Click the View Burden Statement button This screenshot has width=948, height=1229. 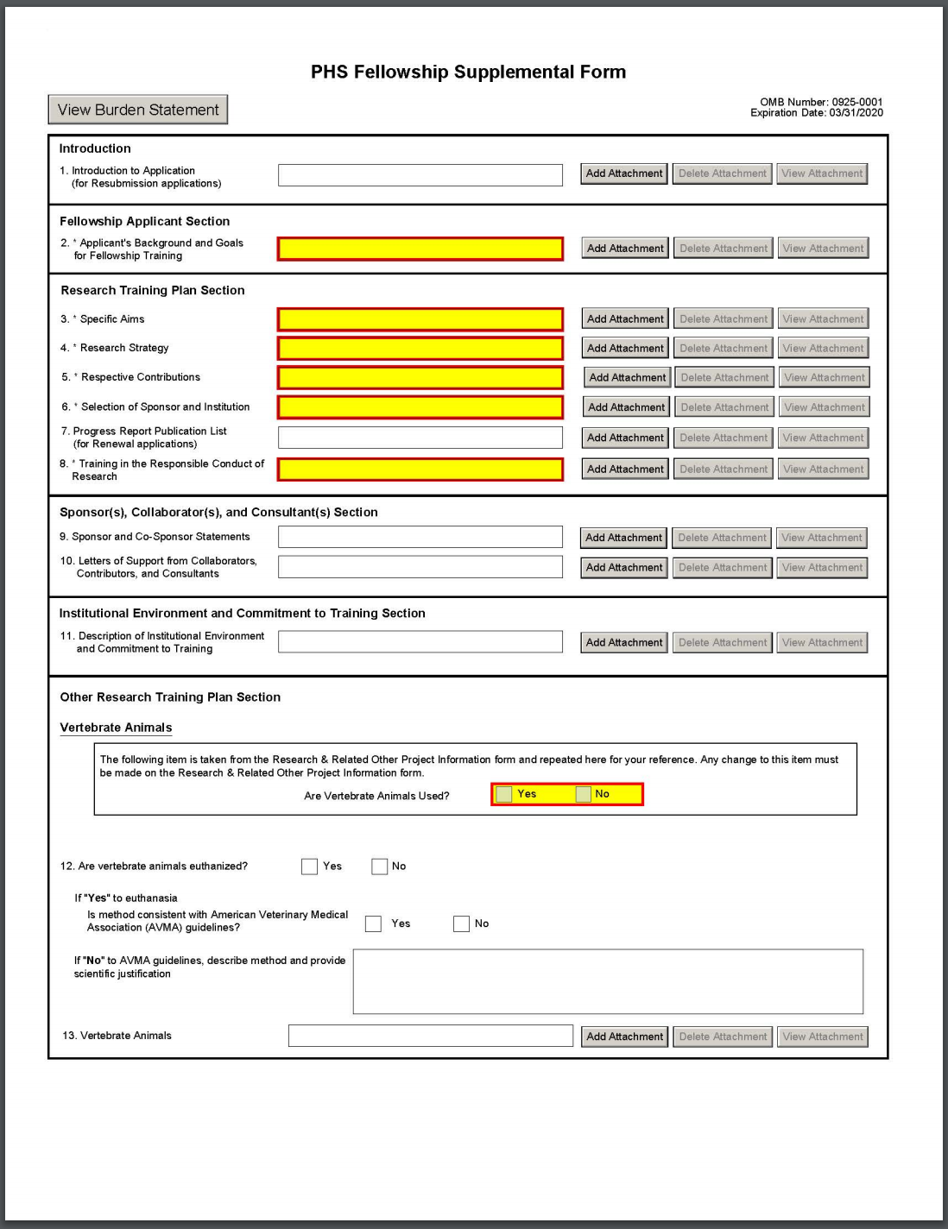click(138, 110)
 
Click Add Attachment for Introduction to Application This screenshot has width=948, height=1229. click(624, 173)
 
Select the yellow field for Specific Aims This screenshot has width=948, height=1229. click(420, 319)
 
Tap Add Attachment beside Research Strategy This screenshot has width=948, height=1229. click(625, 348)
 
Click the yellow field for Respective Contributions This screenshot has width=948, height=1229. click(420, 377)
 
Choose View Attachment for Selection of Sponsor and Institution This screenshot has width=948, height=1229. click(824, 407)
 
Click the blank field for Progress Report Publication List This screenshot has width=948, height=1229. click(420, 438)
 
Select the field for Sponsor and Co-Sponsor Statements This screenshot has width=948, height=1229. click(420, 537)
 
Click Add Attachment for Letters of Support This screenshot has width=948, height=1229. click(624, 567)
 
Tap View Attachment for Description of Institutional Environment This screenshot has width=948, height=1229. click(822, 642)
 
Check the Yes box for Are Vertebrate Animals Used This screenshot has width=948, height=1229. click(504, 794)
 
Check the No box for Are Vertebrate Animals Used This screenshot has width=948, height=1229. click(584, 794)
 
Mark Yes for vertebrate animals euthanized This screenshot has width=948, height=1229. click(309, 867)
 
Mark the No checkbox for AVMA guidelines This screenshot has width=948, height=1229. click(461, 923)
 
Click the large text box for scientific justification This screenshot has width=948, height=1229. click(608, 981)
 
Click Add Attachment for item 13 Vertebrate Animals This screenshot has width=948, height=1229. click(624, 1037)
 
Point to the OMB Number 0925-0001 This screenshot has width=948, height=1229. click(821, 102)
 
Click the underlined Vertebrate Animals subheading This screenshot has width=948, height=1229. click(116, 728)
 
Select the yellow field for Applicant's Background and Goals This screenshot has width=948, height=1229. click(420, 249)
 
